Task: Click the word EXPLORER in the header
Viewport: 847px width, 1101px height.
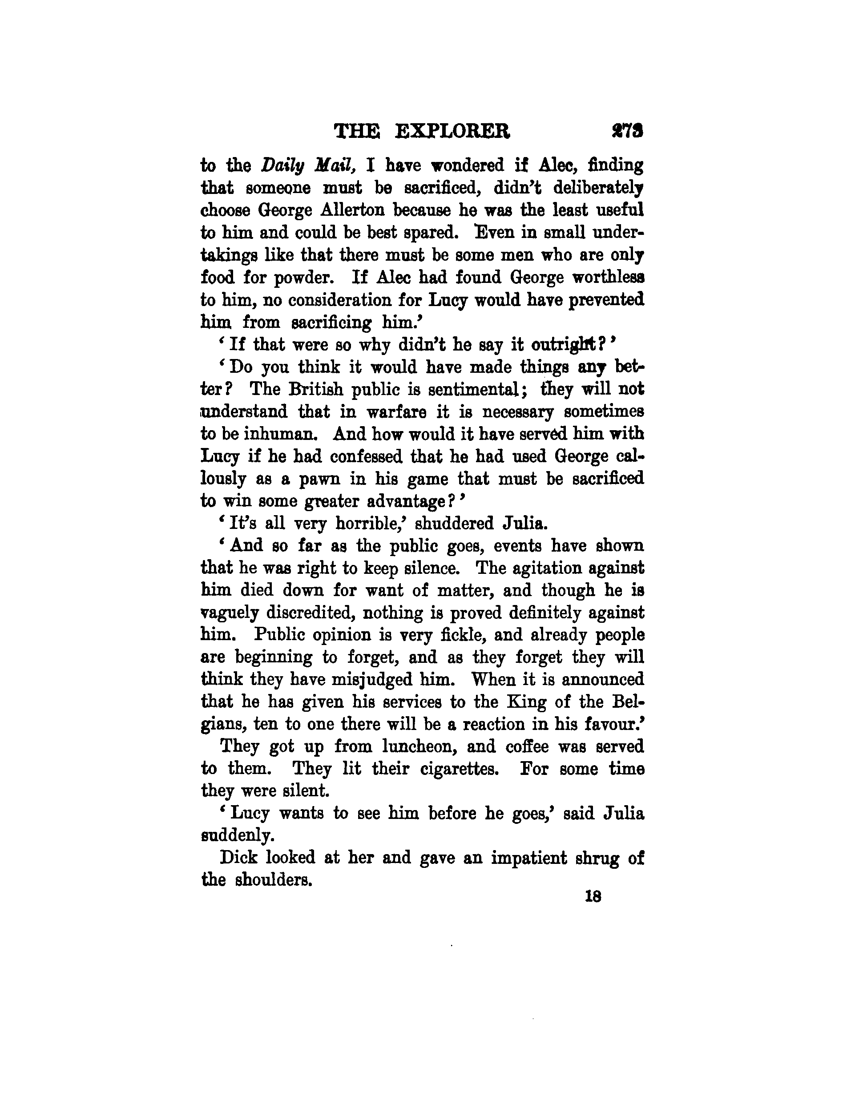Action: (x=452, y=132)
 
